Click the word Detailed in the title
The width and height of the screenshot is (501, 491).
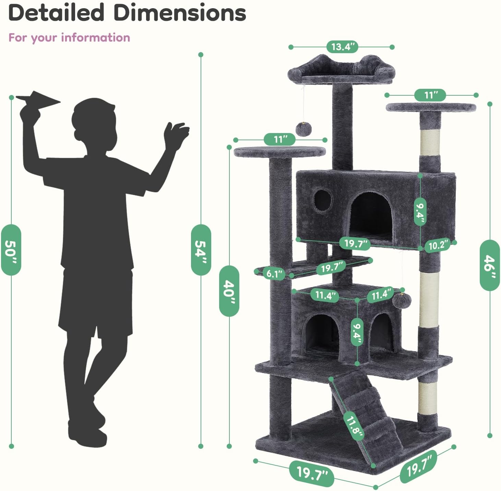(57, 13)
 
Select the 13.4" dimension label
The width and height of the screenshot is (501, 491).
(343, 47)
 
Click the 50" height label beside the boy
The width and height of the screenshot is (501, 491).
(11, 250)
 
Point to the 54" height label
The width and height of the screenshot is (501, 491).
(201, 250)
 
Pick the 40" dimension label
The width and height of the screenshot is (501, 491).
(229, 291)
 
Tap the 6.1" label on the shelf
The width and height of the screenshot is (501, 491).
(274, 274)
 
